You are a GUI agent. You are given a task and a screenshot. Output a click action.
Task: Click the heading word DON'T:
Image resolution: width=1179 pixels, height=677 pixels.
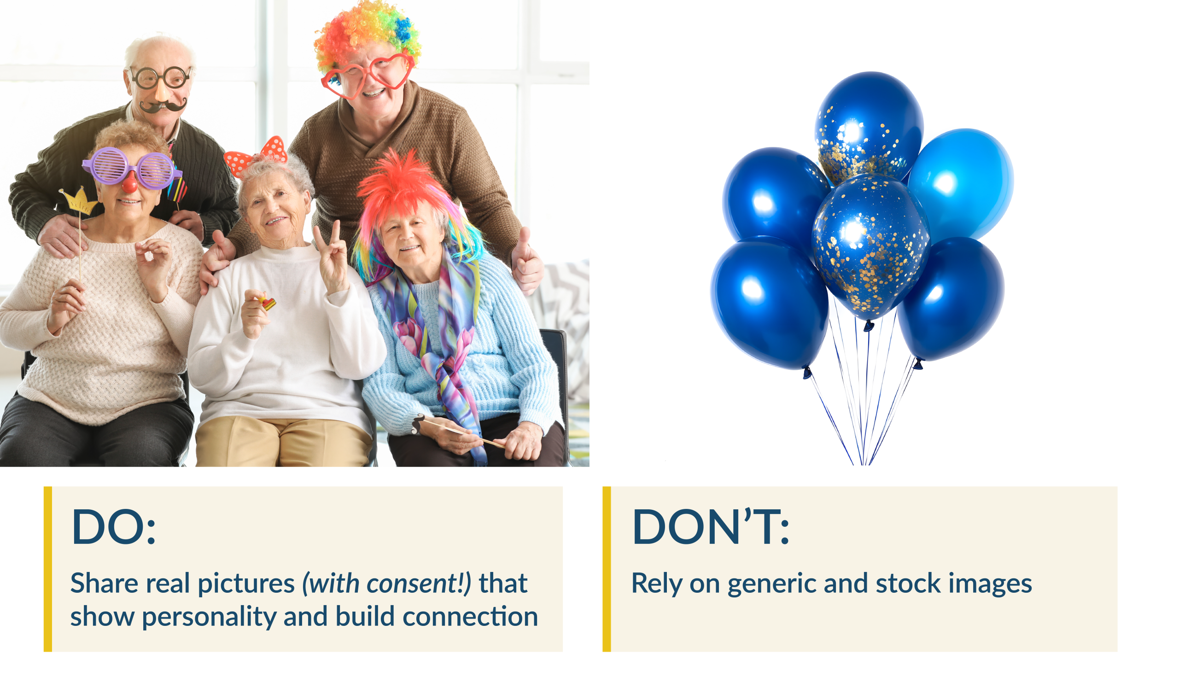710,527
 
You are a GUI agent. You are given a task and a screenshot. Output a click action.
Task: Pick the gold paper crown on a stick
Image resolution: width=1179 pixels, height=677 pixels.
78,201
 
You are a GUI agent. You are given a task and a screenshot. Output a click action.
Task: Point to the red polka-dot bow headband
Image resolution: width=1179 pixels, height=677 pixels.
256,156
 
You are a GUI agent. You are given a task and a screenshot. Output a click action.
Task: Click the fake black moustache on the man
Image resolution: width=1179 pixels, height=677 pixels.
163,106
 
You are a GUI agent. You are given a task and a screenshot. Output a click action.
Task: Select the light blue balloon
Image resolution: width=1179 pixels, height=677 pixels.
960,184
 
